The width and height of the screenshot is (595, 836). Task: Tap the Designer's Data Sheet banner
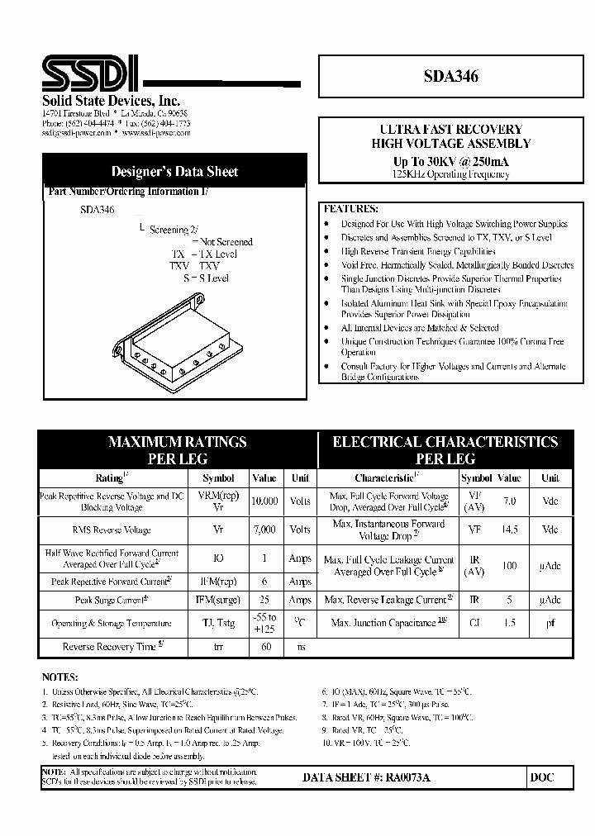coord(174,172)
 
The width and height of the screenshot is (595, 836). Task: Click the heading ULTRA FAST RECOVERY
coord(450,130)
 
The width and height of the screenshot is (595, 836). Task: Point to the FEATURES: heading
coord(350,209)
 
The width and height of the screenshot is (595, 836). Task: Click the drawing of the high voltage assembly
coord(180,340)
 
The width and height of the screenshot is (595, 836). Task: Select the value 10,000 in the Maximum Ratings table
coord(264,501)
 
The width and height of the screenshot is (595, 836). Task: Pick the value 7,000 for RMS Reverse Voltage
coord(264,530)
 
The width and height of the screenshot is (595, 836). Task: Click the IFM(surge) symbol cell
coord(218,601)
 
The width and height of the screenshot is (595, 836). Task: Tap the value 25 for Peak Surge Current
coord(264,601)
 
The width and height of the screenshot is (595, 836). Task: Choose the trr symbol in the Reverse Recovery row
coord(218,647)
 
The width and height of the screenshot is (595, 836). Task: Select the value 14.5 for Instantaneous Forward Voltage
coord(510,530)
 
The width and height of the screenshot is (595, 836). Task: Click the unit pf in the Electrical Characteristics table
coord(550,624)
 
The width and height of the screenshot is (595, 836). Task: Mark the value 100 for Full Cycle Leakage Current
coord(510,566)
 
